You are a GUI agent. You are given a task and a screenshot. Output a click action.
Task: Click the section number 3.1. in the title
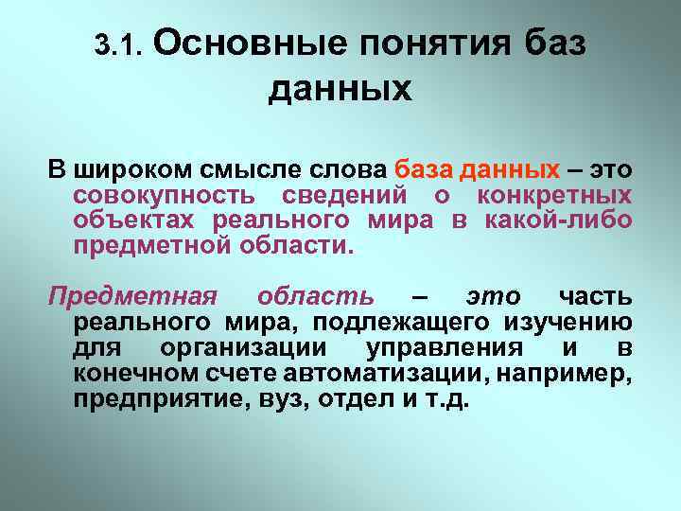(118, 44)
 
